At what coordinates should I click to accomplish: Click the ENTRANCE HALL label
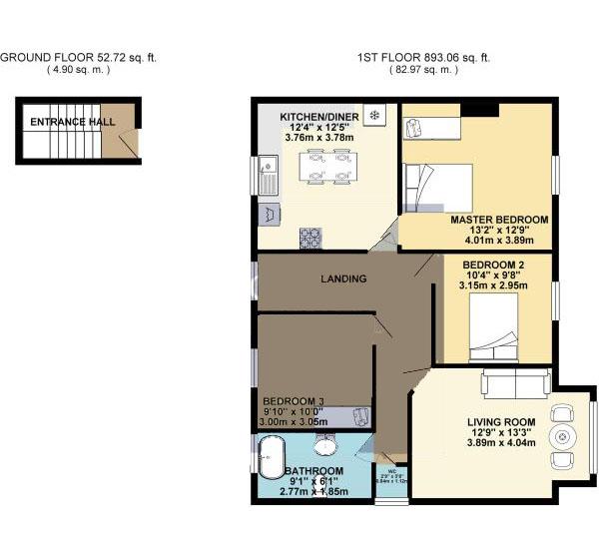click(x=72, y=122)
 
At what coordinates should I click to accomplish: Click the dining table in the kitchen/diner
click(x=328, y=167)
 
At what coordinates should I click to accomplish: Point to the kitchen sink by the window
click(x=268, y=174)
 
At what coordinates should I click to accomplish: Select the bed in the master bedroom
click(x=436, y=186)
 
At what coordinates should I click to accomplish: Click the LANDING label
click(x=344, y=279)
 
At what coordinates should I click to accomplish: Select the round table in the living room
click(x=564, y=436)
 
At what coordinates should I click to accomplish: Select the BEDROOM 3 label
click(x=281, y=400)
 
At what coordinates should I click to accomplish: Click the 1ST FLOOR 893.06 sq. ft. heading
click(x=423, y=58)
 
